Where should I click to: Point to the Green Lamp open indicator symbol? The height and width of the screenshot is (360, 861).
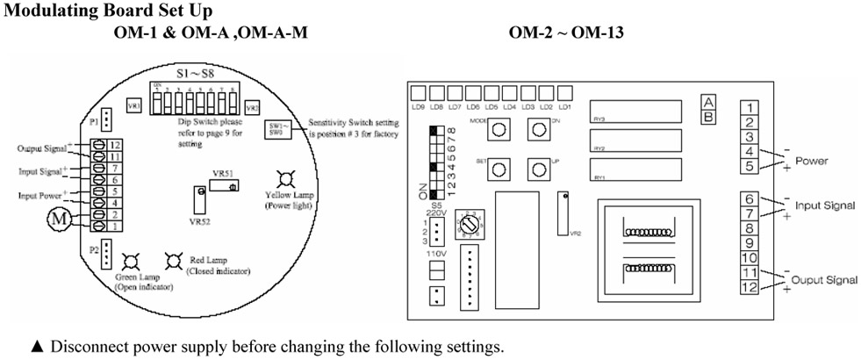point(131,261)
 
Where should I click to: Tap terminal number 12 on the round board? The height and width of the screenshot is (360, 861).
point(114,143)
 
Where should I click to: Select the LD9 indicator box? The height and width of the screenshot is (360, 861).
point(417,92)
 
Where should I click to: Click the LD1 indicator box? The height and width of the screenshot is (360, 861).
point(564,92)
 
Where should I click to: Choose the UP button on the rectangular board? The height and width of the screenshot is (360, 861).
point(538,169)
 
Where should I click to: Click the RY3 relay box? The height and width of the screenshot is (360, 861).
point(636,111)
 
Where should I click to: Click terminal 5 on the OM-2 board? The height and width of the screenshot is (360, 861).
point(749,166)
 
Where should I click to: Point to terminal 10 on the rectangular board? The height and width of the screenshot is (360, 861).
point(749,257)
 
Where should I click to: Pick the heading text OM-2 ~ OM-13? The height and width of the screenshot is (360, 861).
point(566,32)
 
